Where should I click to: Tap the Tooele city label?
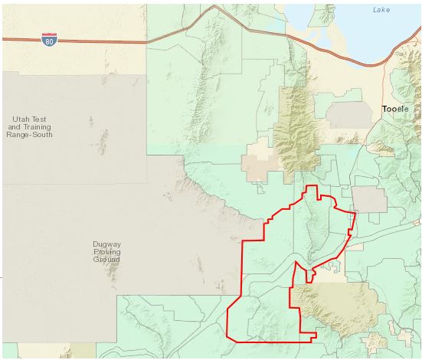point(396,110)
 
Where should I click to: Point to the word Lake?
point(381,9)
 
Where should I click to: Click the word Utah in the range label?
point(20,119)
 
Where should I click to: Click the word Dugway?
point(107,244)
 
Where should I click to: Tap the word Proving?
point(107,252)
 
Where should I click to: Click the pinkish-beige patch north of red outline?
point(257,162)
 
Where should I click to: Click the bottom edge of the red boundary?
point(268,340)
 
